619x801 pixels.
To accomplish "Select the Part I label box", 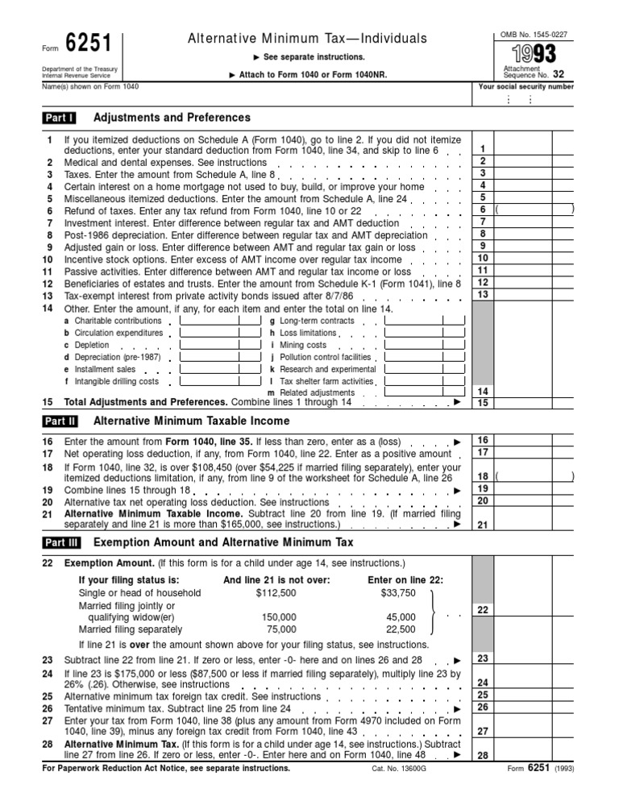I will pyautogui.click(x=60, y=118).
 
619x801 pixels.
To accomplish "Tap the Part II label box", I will pyautogui.click(x=60, y=421).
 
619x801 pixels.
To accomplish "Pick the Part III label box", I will pyautogui.click(x=61, y=542).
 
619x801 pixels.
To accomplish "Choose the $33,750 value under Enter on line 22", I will pyautogui.click(x=397, y=593).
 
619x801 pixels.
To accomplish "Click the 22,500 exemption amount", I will pyautogui.click(x=401, y=629).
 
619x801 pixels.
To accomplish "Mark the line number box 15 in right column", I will pyautogui.click(x=482, y=402).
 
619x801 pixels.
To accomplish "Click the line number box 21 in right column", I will pyautogui.click(x=482, y=525).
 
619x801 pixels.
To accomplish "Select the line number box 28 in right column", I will pyautogui.click(x=482, y=756).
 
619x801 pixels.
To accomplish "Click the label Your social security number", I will pyautogui.click(x=526, y=86).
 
